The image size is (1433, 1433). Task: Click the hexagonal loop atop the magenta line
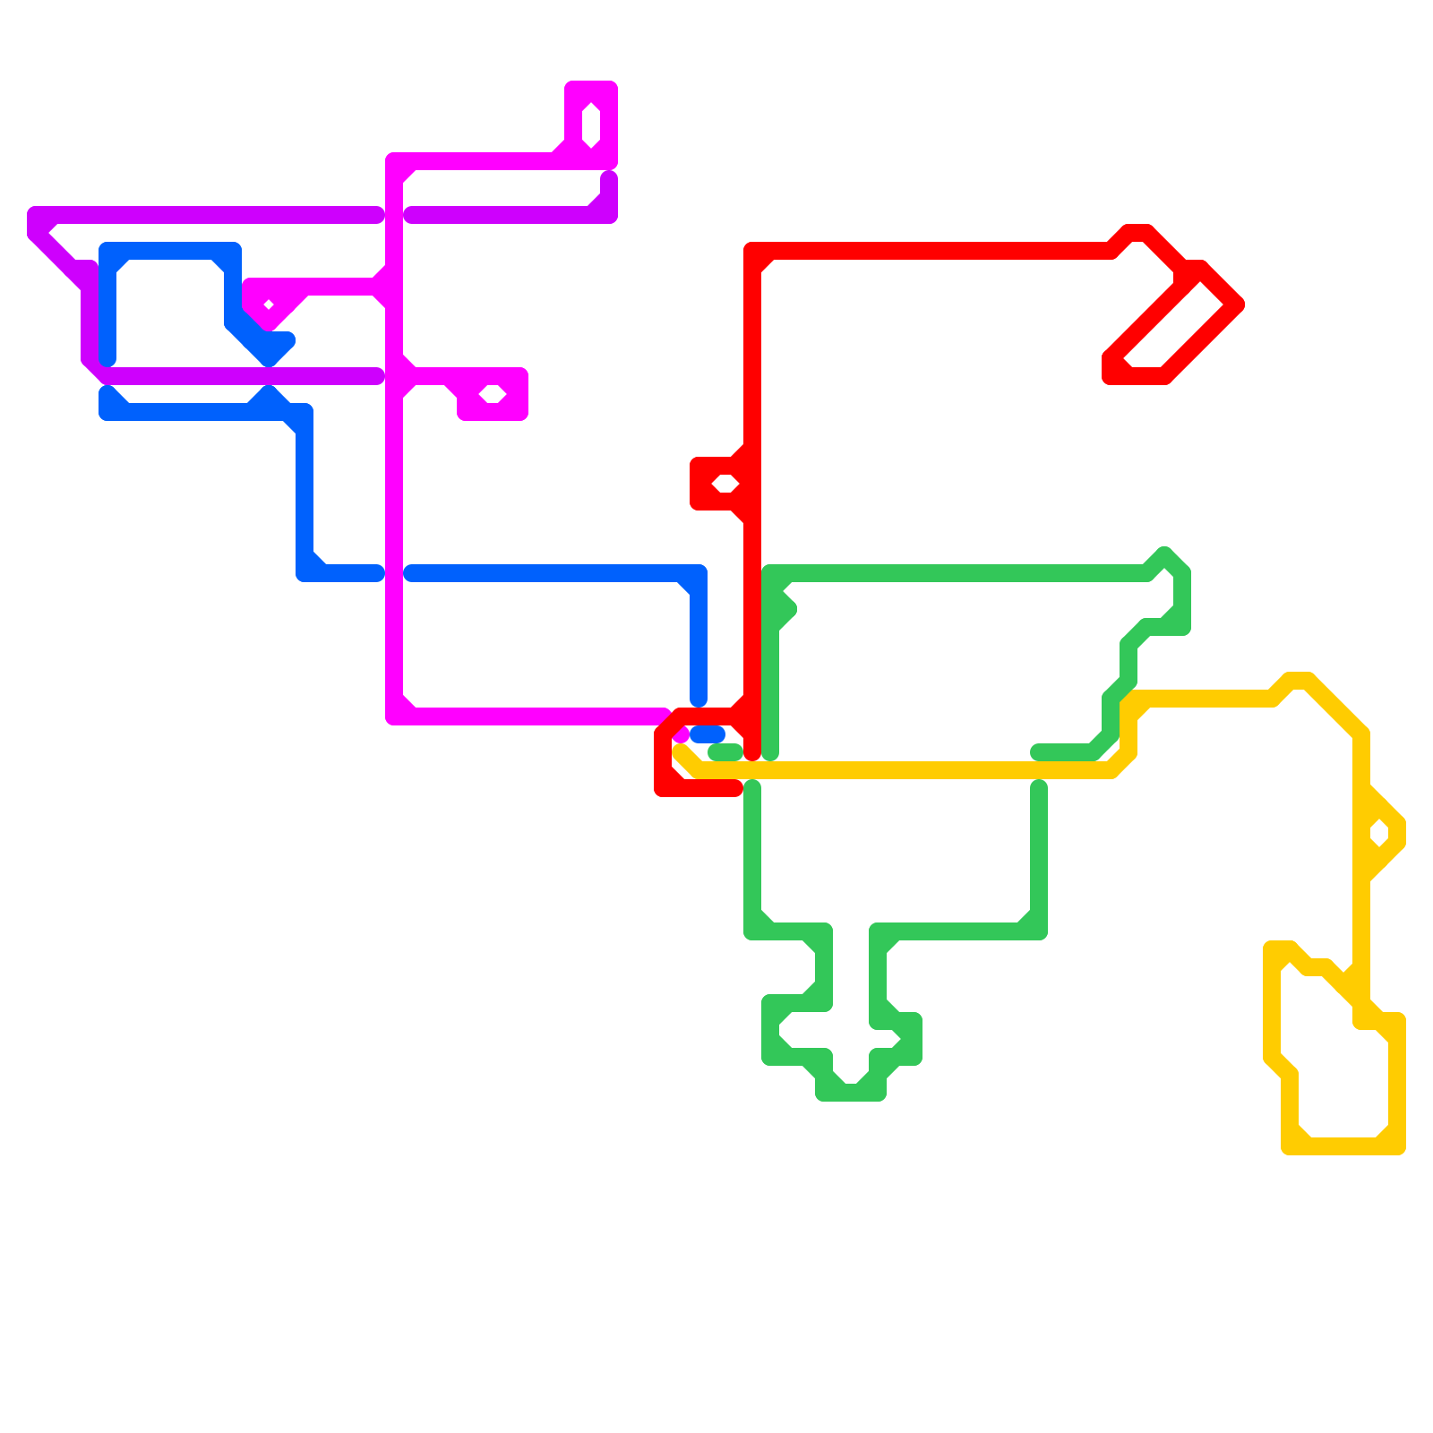[591, 124]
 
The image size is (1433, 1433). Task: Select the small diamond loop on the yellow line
[1379, 833]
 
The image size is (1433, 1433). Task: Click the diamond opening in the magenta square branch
[493, 394]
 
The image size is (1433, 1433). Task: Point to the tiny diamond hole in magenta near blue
[268, 305]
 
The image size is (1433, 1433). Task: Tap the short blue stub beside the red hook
[708, 734]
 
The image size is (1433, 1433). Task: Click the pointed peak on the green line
[1164, 555]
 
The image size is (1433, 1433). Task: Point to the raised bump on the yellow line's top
[1299, 681]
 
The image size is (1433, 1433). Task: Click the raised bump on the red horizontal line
[1137, 233]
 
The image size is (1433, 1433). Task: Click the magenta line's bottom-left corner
[394, 716]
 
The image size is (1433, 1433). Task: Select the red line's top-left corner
[753, 251]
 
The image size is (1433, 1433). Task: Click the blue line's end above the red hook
[699, 699]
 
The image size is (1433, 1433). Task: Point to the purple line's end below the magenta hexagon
[609, 179]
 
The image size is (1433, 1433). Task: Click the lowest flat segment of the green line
[851, 1093]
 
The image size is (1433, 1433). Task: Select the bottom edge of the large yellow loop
[1343, 1146]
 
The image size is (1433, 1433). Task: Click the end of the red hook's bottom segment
[734, 788]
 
